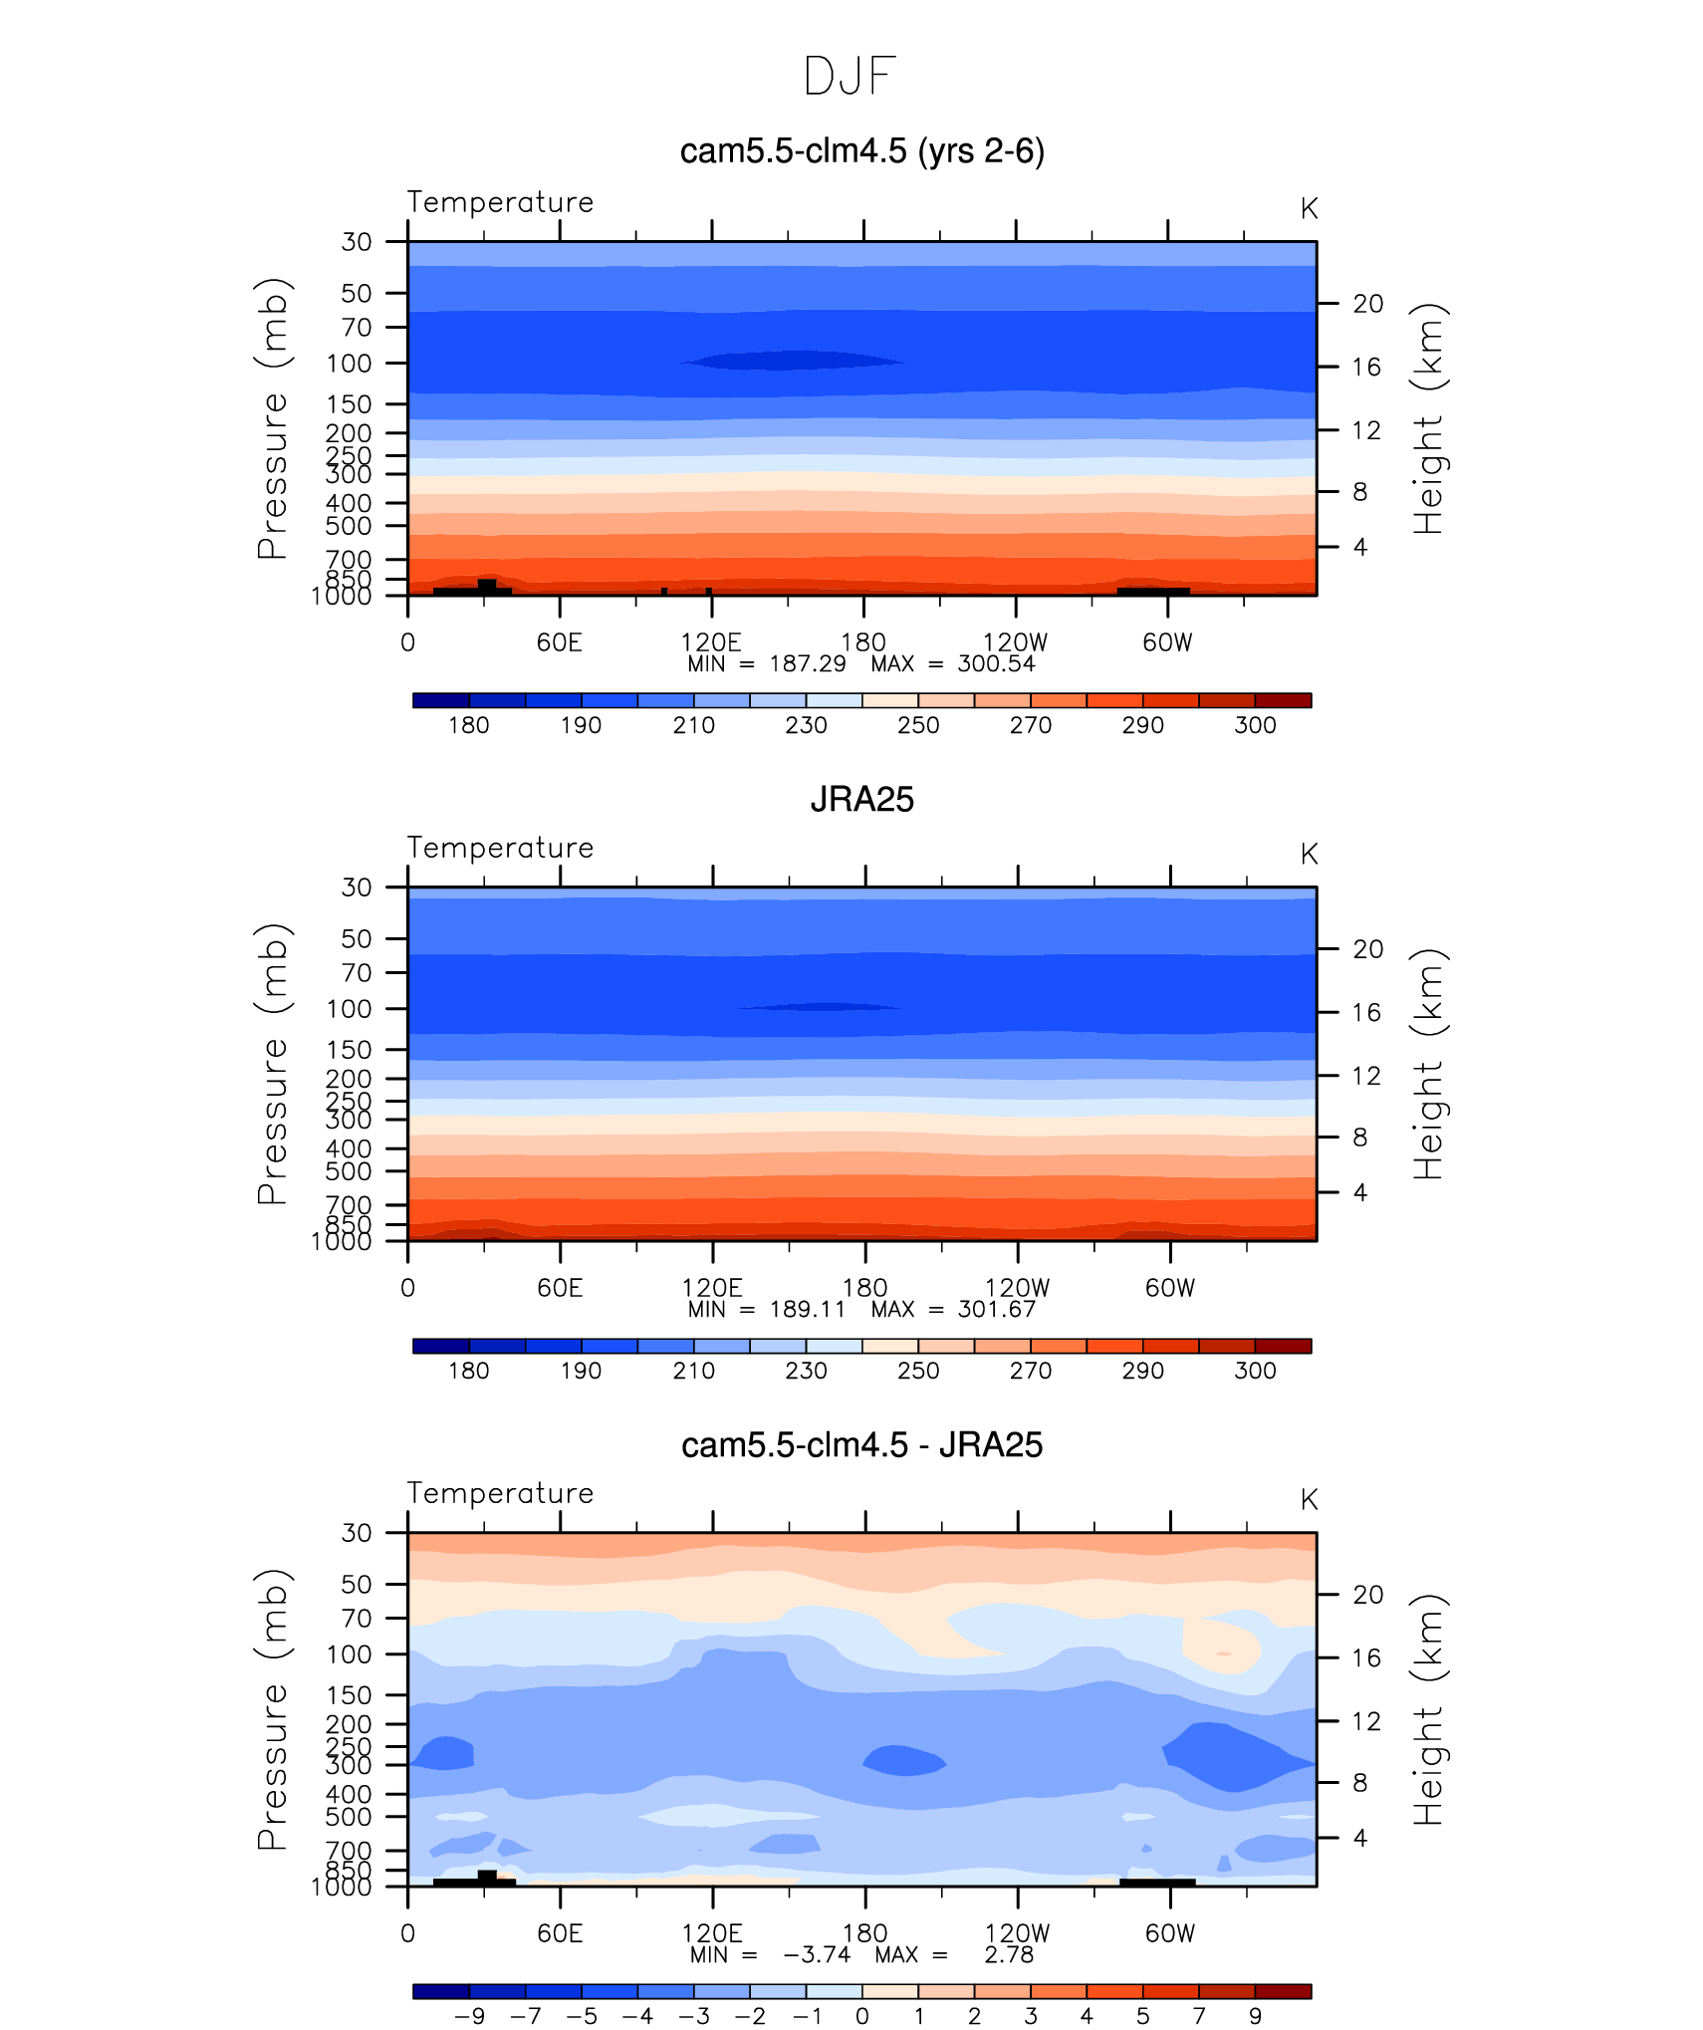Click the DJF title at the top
click(850, 77)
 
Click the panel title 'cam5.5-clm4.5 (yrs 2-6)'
click(861, 151)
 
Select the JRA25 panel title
click(861, 799)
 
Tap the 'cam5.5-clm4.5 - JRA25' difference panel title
click(861, 1445)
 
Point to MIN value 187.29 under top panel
click(807, 664)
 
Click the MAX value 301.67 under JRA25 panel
click(996, 1310)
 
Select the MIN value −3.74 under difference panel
click(817, 1955)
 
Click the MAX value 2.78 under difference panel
click(1009, 1955)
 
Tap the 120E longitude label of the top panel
click(710, 642)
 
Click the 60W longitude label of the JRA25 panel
click(1169, 1288)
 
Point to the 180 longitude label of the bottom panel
click(864, 1933)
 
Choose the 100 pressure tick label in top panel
click(349, 364)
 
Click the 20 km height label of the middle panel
click(1367, 949)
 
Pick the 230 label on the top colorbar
click(806, 725)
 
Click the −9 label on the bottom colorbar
click(468, 2016)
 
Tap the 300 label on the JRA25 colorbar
click(1255, 1371)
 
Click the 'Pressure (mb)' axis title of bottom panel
click(272, 1709)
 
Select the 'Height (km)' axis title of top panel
click(1427, 418)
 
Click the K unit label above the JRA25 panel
click(1309, 855)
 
